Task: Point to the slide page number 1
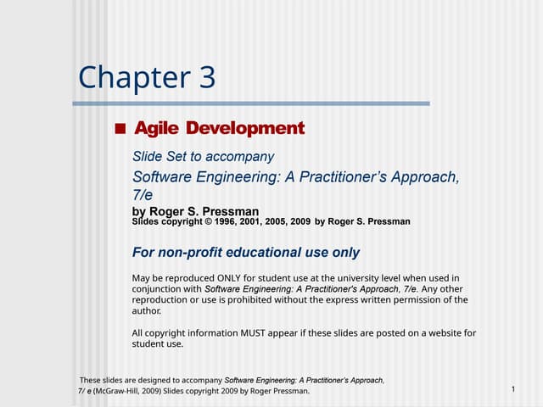514,388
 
